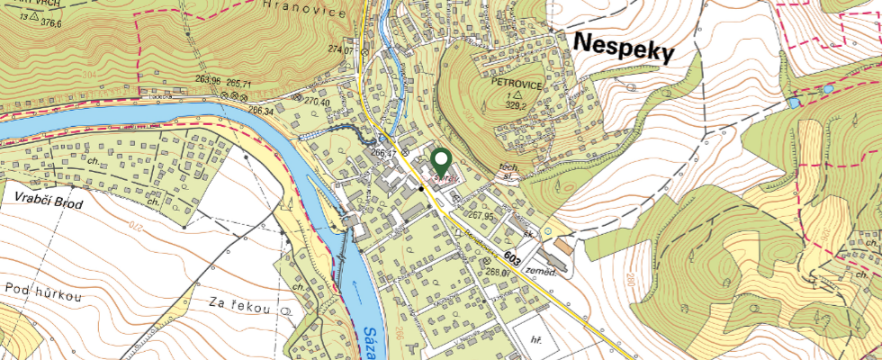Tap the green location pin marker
[441, 162]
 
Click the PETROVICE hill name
[516, 82]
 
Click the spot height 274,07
[341, 49]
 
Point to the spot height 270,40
[319, 102]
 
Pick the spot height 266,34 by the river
[261, 111]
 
